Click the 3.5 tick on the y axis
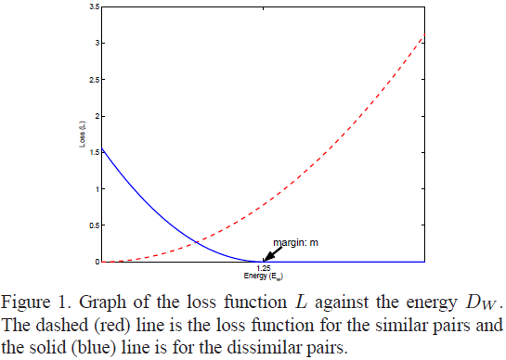click(93, 7)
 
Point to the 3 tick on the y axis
click(96, 44)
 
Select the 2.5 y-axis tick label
click(93, 80)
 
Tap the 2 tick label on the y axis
click(96, 116)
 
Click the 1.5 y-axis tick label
click(93, 152)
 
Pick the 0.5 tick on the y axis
click(93, 225)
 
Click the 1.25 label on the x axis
click(263, 267)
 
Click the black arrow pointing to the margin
click(269, 255)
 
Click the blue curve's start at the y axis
click(101, 149)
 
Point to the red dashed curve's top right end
click(424, 36)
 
